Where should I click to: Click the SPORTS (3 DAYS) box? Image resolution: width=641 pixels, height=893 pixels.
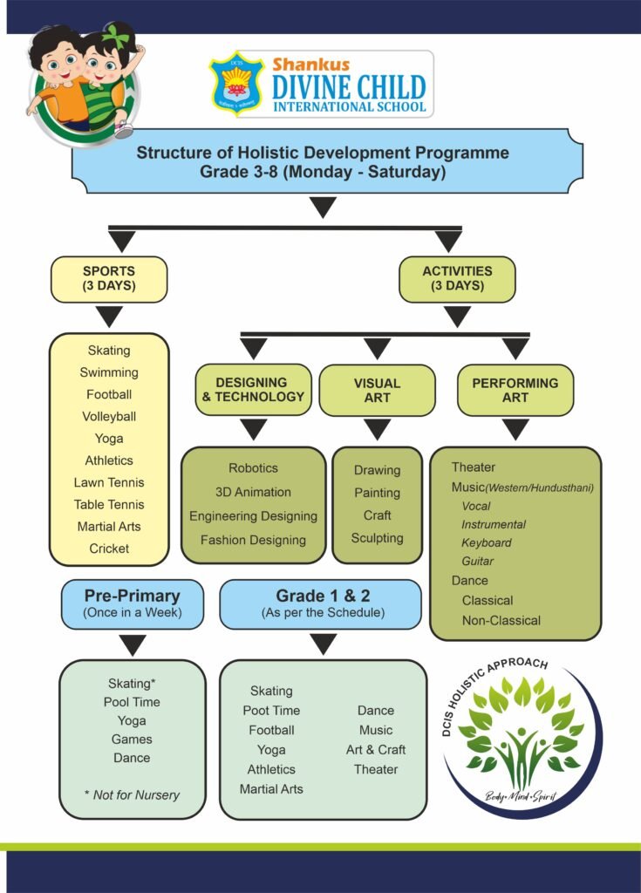(109, 279)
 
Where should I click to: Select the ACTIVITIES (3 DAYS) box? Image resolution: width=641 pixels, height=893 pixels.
(457, 279)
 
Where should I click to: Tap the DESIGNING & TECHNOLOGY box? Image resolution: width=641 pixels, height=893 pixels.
(254, 390)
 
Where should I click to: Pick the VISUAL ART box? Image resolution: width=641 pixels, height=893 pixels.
(378, 390)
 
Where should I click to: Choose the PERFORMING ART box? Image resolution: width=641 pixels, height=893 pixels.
(515, 390)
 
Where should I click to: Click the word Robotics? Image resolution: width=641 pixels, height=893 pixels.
(254, 468)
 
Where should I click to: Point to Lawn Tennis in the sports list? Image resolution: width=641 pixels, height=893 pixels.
(109, 482)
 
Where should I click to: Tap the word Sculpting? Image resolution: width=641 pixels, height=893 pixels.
(378, 538)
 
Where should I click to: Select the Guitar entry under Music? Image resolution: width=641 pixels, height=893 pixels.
(477, 561)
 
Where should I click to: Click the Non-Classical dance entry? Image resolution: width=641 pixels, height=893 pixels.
(501, 620)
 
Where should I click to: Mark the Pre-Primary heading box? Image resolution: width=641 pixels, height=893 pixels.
(133, 604)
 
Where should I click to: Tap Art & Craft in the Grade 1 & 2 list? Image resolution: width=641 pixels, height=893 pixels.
(376, 749)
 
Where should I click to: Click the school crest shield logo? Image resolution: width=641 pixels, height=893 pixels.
(236, 84)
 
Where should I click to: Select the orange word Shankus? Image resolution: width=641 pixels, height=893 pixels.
(311, 65)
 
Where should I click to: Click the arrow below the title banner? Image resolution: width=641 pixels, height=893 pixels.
(323, 208)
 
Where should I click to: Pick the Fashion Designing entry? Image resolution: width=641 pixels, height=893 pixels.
(254, 540)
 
